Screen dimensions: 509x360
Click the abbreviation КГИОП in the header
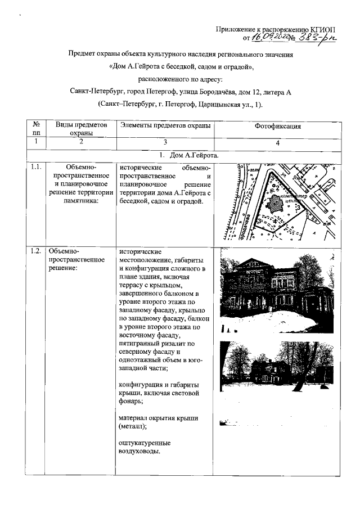click(318, 29)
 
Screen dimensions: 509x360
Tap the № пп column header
click(36, 129)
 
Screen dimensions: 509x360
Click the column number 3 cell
click(165, 142)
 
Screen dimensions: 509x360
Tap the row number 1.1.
click(36, 167)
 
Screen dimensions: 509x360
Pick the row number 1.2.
click(36, 251)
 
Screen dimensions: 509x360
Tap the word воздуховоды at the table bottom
click(139, 452)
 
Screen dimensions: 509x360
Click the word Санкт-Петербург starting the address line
click(94, 91)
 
